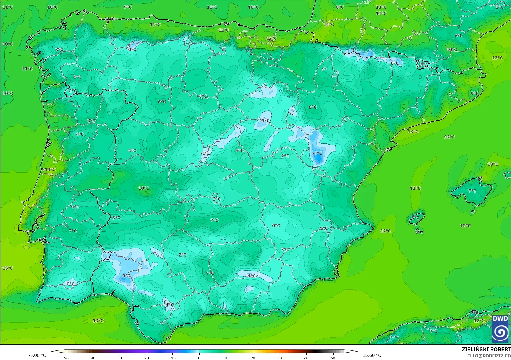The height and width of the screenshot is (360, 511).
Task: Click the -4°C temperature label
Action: pos(317,153)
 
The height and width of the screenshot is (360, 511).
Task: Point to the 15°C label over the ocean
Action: pos(8,268)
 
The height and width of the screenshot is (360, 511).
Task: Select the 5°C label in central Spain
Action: pos(240,150)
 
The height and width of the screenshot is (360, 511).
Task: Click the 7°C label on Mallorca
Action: pos(472,191)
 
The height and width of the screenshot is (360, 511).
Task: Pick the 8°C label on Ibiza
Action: pos(415,218)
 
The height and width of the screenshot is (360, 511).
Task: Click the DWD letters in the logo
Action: pos(500,319)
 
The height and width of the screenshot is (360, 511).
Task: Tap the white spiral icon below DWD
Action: pos(500,333)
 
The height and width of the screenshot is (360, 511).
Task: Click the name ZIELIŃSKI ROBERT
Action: pos(486,349)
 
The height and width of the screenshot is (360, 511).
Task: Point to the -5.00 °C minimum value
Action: pos(37,356)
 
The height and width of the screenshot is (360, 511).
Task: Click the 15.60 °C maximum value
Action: pos(372,356)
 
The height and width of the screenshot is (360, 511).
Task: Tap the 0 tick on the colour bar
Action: pos(199,358)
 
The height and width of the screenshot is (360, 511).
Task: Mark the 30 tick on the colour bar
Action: pos(280,358)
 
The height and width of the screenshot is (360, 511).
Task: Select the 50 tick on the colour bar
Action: pos(333,358)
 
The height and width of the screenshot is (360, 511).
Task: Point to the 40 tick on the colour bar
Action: pos(306,358)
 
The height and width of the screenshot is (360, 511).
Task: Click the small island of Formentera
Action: pos(419,231)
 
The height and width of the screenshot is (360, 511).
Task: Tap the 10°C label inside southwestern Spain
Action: pos(144,188)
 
